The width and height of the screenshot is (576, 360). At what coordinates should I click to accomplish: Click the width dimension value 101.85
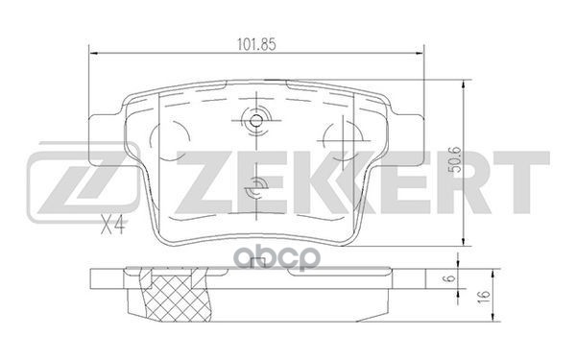point(256,42)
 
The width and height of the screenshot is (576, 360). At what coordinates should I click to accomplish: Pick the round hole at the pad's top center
point(256,122)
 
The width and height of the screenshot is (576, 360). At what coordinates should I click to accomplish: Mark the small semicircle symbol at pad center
point(255,190)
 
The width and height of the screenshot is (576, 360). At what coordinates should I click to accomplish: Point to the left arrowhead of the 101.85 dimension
point(92,54)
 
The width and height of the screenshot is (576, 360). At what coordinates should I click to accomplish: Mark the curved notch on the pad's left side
point(181,133)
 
